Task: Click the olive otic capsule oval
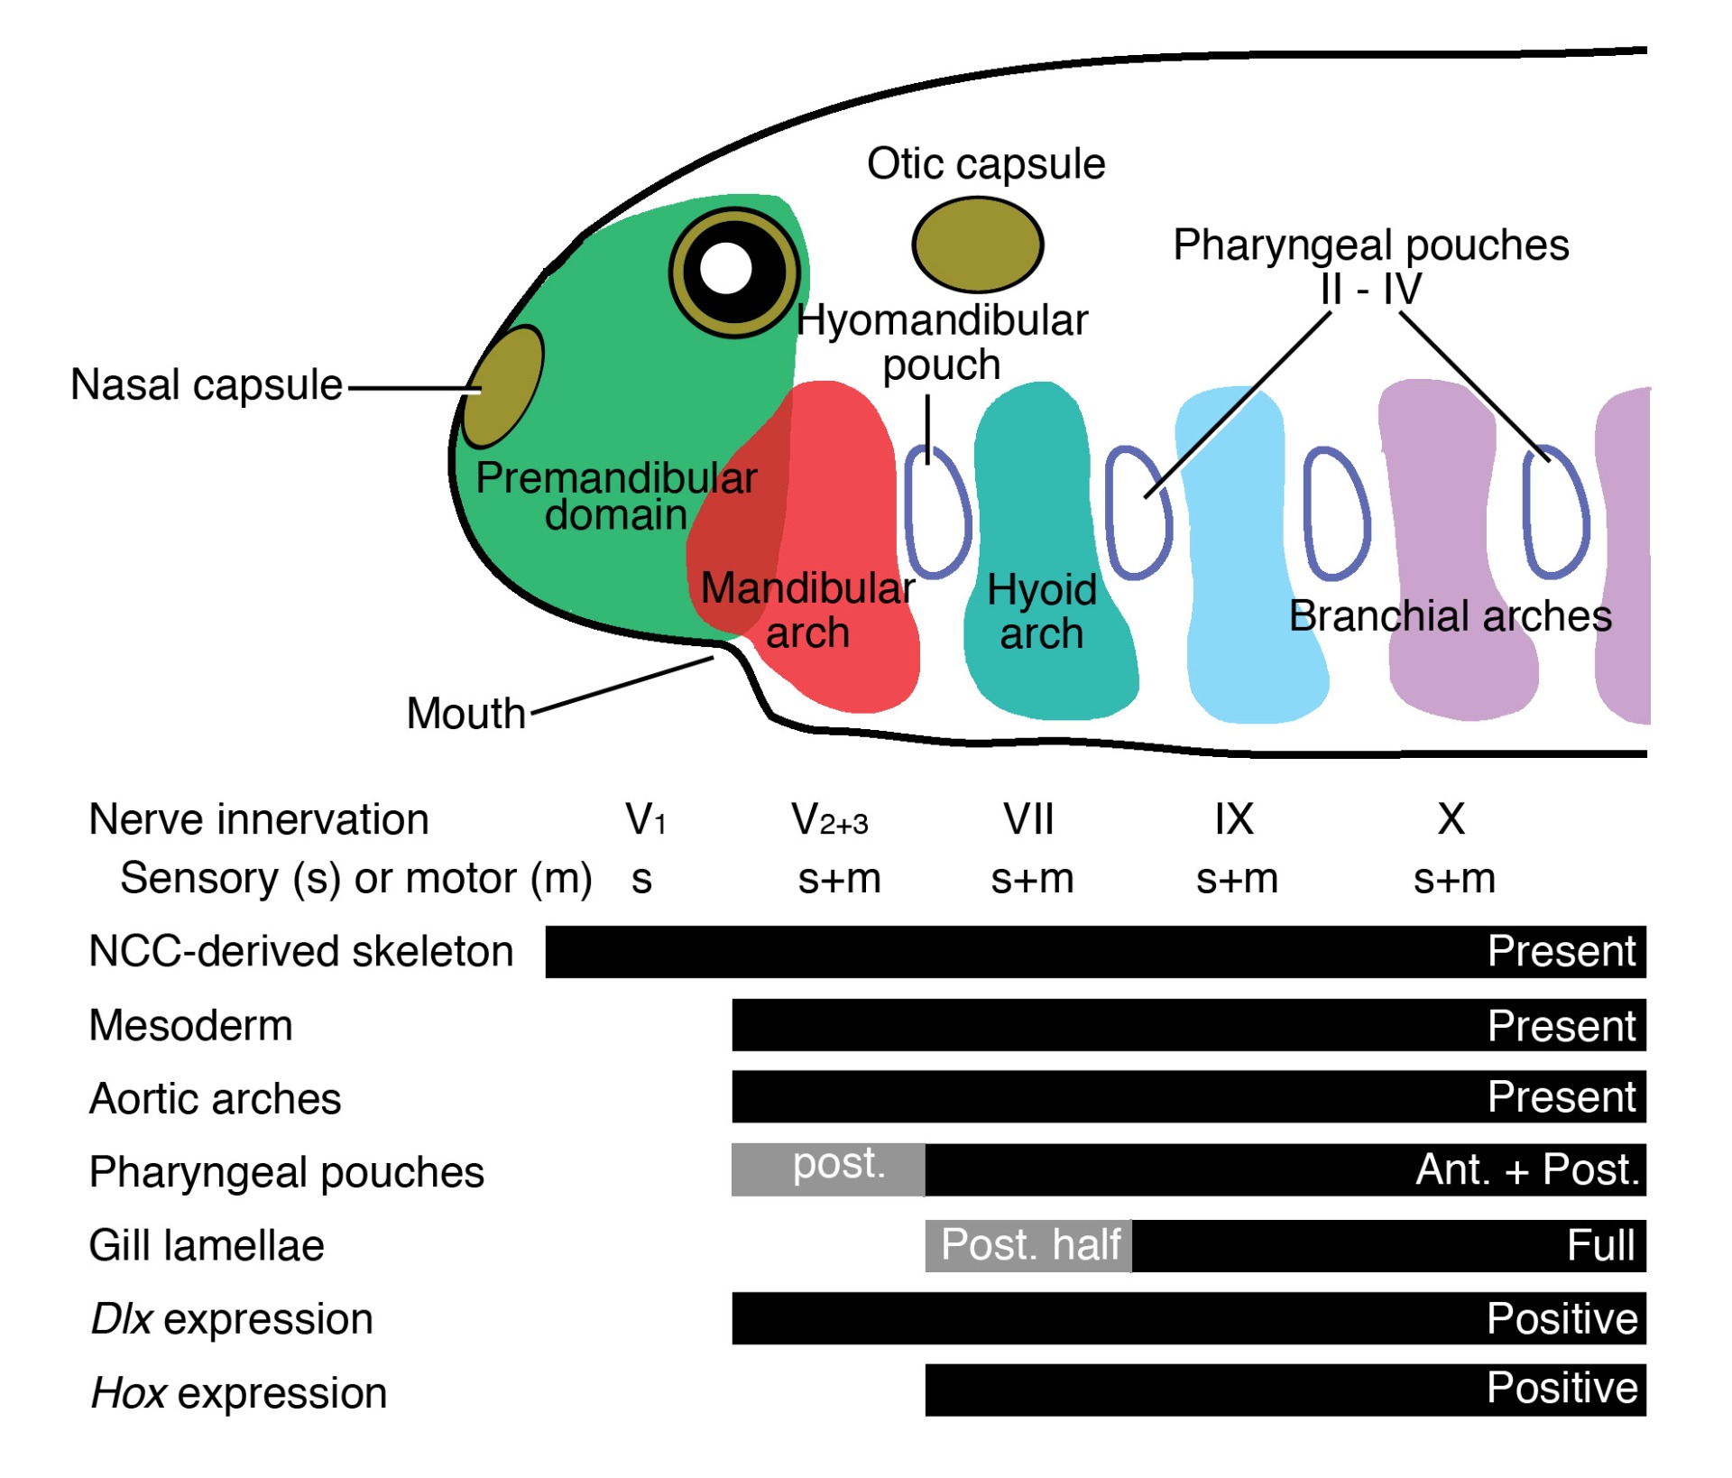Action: [977, 245]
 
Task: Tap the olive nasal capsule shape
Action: [502, 387]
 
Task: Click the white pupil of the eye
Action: [726, 268]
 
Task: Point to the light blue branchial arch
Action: [1249, 559]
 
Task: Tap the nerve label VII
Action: [1028, 819]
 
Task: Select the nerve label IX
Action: [1233, 819]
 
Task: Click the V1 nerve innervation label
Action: [645, 819]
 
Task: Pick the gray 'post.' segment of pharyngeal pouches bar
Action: [828, 1169]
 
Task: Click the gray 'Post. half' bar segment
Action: [1028, 1245]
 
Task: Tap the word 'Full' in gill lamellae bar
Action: [1599, 1245]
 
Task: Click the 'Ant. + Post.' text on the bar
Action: [1526, 1169]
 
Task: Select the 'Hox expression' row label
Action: [239, 1392]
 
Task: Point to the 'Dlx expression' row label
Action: [232, 1318]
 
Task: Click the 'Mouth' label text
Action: [465, 713]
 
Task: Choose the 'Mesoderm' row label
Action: [190, 1025]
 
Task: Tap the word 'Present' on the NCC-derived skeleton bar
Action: [1561, 951]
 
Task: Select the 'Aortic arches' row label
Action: [215, 1098]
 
